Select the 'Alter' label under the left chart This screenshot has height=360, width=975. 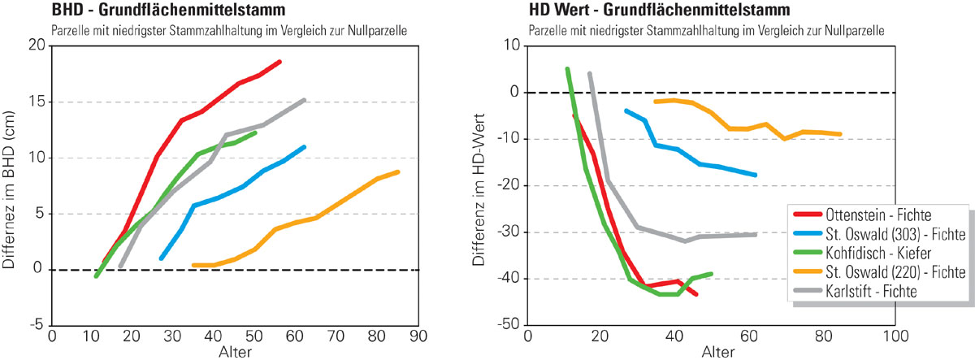[x=235, y=352]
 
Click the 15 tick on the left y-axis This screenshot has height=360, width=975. [x=35, y=102]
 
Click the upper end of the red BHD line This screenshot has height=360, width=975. [x=279, y=62]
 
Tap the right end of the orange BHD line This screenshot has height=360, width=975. [x=398, y=171]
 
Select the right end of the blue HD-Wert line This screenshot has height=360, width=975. [x=756, y=175]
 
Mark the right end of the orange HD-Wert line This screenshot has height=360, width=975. [x=840, y=134]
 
